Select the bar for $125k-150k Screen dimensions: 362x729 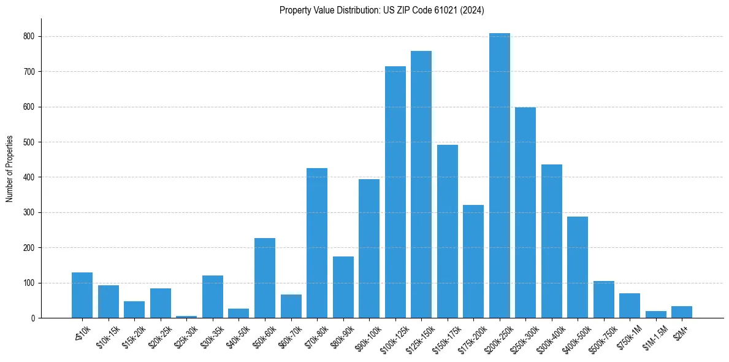(421, 184)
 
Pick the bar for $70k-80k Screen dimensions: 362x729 (317, 243)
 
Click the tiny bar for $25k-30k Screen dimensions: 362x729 (186, 317)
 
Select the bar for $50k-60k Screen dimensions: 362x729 (265, 278)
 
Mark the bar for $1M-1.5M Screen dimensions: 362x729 (655, 315)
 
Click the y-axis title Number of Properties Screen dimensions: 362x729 (9, 169)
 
